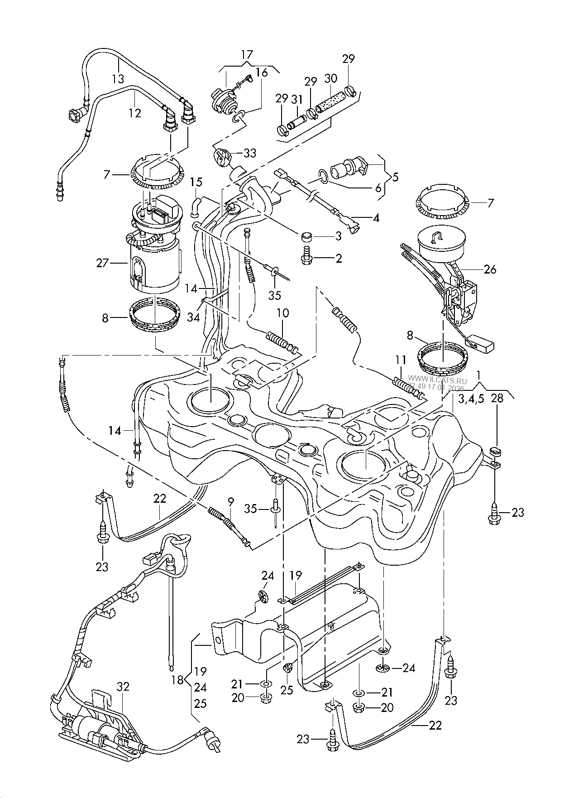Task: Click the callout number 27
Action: [102, 263]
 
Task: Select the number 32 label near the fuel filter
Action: [123, 687]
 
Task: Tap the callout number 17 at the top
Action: [247, 55]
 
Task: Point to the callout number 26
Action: [490, 269]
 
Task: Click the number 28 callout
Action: [497, 399]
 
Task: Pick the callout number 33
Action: [250, 153]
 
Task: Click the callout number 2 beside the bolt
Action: [339, 259]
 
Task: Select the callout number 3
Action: [338, 236]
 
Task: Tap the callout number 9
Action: [231, 501]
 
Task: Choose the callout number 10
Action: [283, 313]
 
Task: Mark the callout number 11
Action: [400, 361]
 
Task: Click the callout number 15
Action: [196, 183]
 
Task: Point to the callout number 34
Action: [194, 318]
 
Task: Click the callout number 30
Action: [331, 78]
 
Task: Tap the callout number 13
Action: [118, 79]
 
